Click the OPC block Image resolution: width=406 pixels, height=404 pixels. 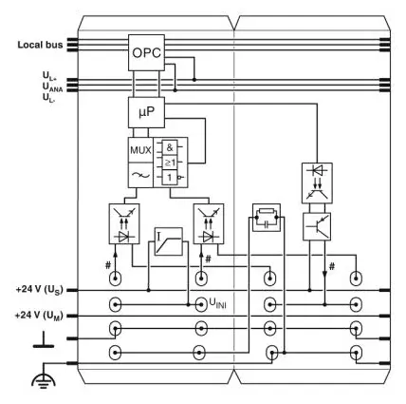pyautogui.click(x=146, y=52)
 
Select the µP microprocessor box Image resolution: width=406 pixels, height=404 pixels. pyautogui.click(x=146, y=112)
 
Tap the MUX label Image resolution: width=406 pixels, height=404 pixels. pyautogui.click(x=140, y=150)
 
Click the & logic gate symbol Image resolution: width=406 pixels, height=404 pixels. pyautogui.click(x=170, y=147)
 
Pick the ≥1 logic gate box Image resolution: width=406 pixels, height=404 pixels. pyautogui.click(x=170, y=163)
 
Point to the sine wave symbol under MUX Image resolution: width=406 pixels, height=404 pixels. pyautogui.click(x=140, y=175)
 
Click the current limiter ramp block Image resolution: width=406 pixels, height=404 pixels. pyautogui.click(x=169, y=241)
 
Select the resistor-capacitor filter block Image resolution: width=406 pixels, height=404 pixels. pyautogui.click(x=267, y=218)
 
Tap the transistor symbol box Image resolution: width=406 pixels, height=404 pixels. pyautogui.click(x=317, y=226)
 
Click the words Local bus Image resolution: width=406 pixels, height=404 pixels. pyautogui.click(x=40, y=45)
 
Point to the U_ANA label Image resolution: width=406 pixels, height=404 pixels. pyautogui.click(x=52, y=87)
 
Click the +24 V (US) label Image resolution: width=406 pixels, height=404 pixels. pyautogui.click(x=40, y=290)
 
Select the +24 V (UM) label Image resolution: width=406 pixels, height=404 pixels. pyautogui.click(x=39, y=316)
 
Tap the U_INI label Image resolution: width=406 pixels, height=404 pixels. pyautogui.click(x=217, y=303)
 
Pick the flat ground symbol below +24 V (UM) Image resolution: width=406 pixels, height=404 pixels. pyautogui.click(x=44, y=339)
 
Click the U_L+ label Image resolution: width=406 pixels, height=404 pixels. pyautogui.click(x=49, y=75)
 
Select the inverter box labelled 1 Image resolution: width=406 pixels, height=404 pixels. pyautogui.click(x=170, y=178)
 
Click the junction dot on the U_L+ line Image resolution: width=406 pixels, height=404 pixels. pyautogui.click(x=194, y=80)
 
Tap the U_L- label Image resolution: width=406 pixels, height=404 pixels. pyautogui.click(x=49, y=98)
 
